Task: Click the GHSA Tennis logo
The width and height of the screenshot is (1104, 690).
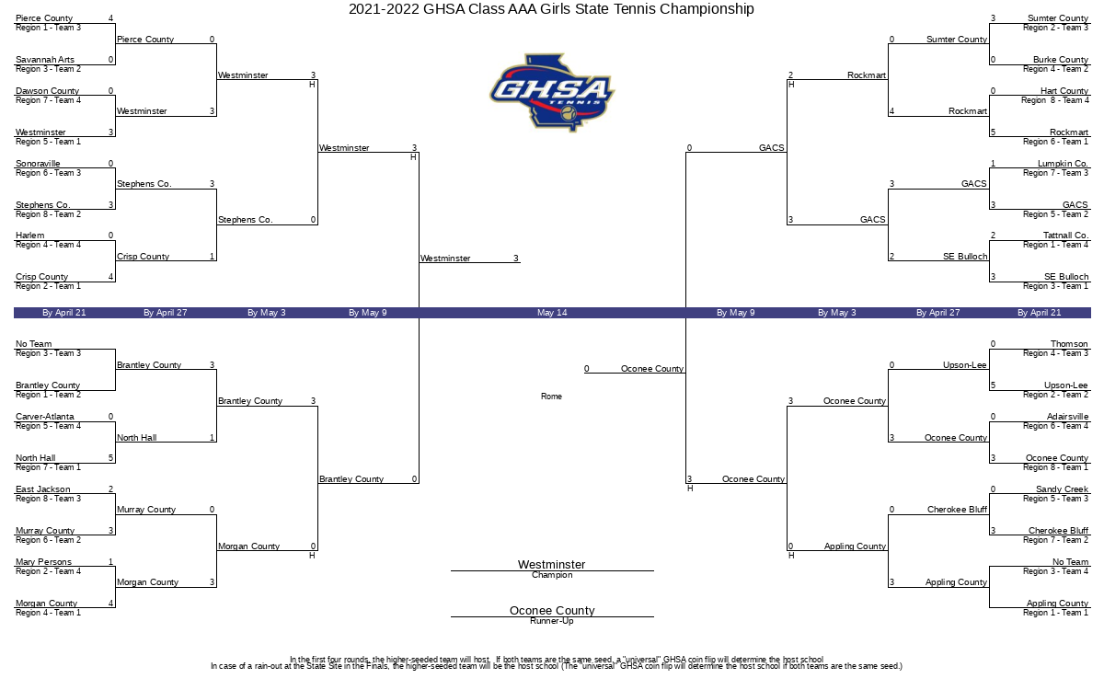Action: coord(552,93)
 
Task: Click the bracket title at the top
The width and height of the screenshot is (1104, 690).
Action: coord(551,9)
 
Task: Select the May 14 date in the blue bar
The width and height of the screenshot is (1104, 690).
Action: coord(552,313)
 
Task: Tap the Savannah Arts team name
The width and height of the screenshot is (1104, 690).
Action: coord(45,60)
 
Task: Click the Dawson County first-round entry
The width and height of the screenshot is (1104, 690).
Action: coord(47,91)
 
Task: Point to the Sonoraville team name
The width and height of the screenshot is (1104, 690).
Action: coord(38,163)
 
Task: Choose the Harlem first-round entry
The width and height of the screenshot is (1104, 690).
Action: coord(30,236)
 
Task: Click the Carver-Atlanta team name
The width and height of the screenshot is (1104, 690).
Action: coord(45,417)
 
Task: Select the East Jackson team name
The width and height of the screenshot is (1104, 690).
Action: coord(43,489)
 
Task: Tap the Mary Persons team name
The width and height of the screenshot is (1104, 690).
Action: coord(43,562)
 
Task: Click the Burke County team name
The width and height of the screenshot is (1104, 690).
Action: coord(1061,60)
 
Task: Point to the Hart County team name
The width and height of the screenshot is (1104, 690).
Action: coord(1064,91)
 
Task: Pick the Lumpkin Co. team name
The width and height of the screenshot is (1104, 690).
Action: coord(1063,163)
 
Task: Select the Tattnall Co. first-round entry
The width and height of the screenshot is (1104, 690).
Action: coord(1065,236)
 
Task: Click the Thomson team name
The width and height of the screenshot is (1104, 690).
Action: coord(1069,344)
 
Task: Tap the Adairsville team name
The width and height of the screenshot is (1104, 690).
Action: coord(1067,417)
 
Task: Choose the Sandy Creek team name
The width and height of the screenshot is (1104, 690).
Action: coord(1062,489)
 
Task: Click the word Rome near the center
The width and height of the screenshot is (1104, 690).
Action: coord(551,397)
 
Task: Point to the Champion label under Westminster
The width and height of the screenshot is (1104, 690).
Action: coord(552,575)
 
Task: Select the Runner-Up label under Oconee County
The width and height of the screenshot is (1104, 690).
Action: coord(552,621)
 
